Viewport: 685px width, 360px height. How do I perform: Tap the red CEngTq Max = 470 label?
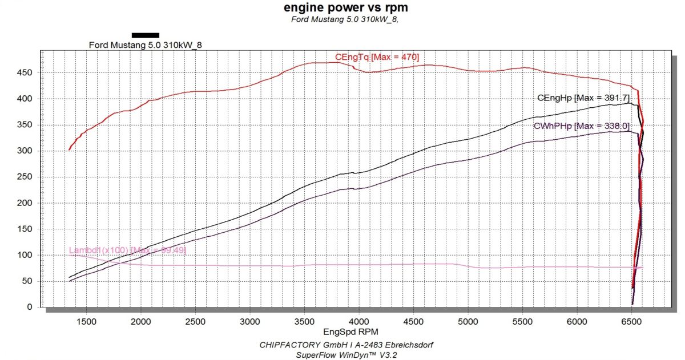(x=377, y=57)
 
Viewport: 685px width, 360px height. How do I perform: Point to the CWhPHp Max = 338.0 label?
(x=582, y=126)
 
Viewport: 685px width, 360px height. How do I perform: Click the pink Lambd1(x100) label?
(x=127, y=250)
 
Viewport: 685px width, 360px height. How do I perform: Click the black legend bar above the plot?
(x=145, y=35)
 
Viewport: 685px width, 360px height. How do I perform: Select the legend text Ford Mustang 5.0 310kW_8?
(x=146, y=45)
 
